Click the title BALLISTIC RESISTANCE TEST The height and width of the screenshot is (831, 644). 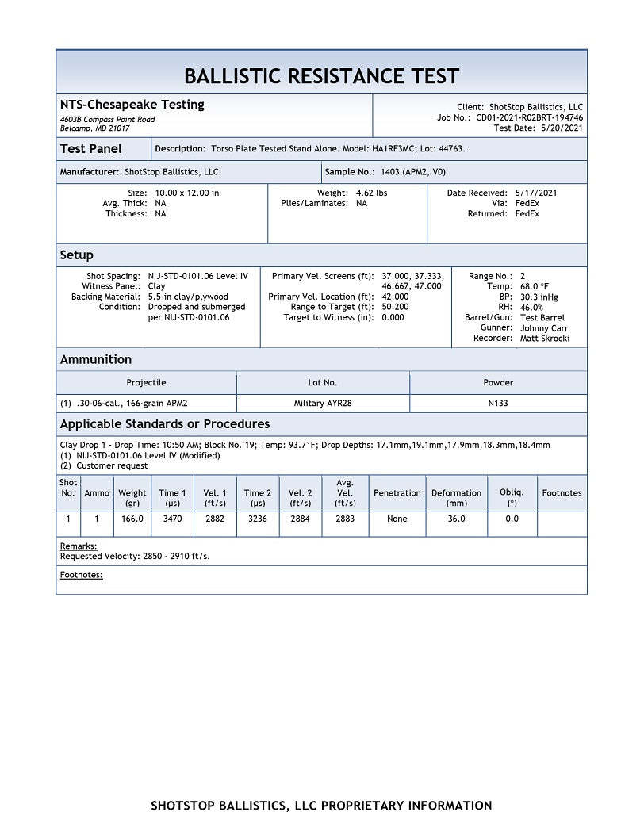321,76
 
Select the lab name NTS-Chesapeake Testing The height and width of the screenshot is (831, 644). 132,105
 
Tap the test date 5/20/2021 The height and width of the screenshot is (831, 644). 562,128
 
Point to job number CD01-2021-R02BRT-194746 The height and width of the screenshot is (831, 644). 529,117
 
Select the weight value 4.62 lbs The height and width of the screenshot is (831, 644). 371,193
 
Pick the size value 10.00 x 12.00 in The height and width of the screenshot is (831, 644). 187,193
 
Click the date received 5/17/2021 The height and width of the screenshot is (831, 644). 537,193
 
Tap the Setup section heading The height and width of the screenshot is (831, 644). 77,255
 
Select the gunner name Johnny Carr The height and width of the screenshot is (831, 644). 544,328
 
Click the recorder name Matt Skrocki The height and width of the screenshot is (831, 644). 545,339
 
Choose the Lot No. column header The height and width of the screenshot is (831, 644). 322,382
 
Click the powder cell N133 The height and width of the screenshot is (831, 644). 498,403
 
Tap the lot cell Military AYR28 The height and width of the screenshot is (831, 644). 323,403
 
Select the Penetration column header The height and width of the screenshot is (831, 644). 397,493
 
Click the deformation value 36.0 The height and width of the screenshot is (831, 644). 456,519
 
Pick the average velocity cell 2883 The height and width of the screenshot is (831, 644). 345,519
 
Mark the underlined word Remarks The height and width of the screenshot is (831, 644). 79,546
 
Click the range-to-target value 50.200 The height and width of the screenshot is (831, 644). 395,307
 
